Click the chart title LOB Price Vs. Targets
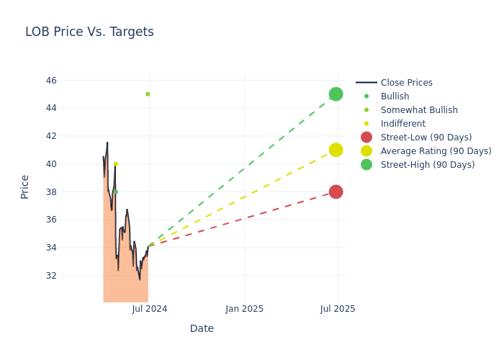89,32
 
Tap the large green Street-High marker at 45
336,94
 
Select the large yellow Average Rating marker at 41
336,150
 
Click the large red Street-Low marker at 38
336,192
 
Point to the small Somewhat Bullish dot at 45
148,94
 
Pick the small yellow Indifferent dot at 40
115,164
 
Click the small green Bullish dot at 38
115,192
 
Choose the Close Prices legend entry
406,83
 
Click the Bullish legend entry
395,96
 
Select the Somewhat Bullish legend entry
418,110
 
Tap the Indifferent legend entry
402,124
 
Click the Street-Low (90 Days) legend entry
426,138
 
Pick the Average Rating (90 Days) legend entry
436,151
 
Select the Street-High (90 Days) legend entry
427,165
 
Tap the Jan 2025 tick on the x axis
244,309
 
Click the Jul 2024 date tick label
150,309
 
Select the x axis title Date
202,328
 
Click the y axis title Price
25,186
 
